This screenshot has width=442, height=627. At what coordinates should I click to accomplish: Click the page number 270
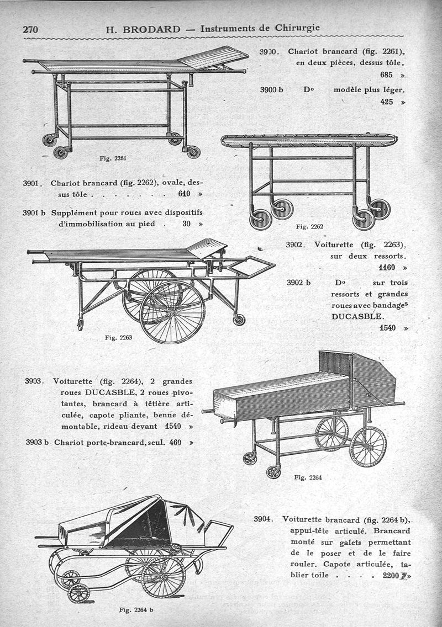30,29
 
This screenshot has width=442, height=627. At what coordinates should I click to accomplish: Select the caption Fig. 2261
113,158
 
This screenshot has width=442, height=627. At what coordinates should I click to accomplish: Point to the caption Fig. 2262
309,226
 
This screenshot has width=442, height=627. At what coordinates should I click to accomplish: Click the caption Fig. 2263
118,338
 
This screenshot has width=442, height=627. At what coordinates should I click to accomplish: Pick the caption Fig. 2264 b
136,610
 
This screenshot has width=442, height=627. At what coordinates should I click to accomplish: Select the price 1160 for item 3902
387,268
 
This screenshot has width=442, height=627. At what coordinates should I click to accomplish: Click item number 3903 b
38,442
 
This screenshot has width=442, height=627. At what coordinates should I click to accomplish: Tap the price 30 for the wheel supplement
186,224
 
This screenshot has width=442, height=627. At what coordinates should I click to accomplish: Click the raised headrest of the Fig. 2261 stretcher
213,57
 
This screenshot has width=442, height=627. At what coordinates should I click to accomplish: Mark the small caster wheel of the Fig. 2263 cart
239,320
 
